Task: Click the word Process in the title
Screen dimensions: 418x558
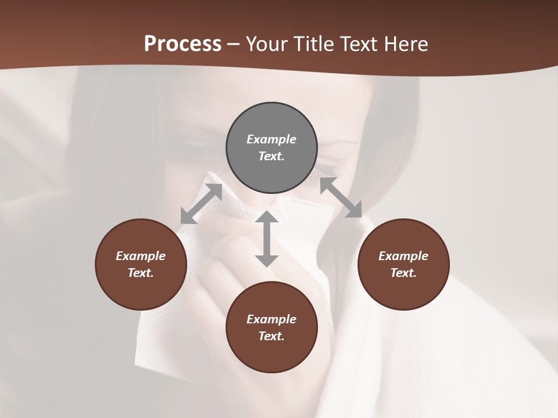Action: (183, 44)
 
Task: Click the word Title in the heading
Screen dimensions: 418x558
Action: (314, 44)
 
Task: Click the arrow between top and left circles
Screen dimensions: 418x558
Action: (201, 204)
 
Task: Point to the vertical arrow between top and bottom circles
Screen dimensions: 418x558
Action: (267, 239)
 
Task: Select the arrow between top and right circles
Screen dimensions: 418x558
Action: (341, 197)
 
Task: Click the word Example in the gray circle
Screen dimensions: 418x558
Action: (271, 139)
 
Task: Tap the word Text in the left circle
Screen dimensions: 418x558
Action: (141, 273)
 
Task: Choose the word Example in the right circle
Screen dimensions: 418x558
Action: (403, 256)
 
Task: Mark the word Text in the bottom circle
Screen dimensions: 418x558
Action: (271, 336)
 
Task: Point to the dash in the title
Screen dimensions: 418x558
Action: (233, 44)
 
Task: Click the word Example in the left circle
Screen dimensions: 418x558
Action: (141, 256)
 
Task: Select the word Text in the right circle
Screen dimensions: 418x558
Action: (403, 273)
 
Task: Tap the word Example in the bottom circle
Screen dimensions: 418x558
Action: (271, 319)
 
